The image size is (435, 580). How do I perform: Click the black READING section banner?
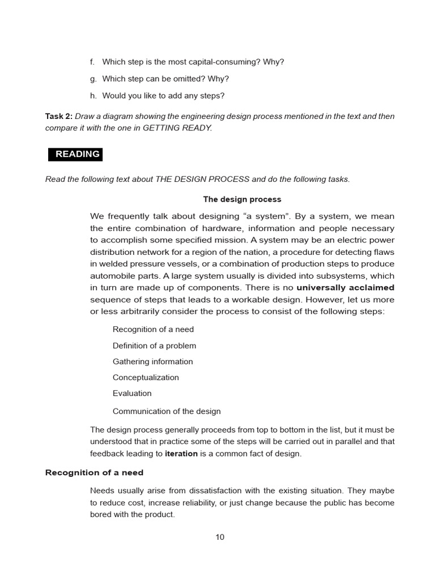click(74, 154)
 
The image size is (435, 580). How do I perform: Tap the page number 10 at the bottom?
click(220, 537)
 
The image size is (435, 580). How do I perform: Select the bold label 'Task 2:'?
click(59, 116)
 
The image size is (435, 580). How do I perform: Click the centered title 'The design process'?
click(242, 199)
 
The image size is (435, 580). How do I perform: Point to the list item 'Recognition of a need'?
click(153, 330)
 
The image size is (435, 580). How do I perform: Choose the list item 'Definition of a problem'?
click(154, 346)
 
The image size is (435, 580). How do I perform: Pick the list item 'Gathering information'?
click(152, 361)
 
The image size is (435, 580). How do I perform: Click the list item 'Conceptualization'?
click(146, 377)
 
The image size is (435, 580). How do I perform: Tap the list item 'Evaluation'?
click(132, 393)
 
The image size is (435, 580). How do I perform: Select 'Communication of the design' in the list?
click(167, 411)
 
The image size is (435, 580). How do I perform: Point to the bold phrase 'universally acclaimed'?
click(346, 288)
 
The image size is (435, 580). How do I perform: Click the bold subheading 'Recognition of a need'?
click(94, 472)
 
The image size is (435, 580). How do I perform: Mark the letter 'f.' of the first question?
click(92, 62)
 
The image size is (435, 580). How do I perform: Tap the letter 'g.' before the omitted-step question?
click(93, 79)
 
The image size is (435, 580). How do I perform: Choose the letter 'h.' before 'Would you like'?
click(93, 96)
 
